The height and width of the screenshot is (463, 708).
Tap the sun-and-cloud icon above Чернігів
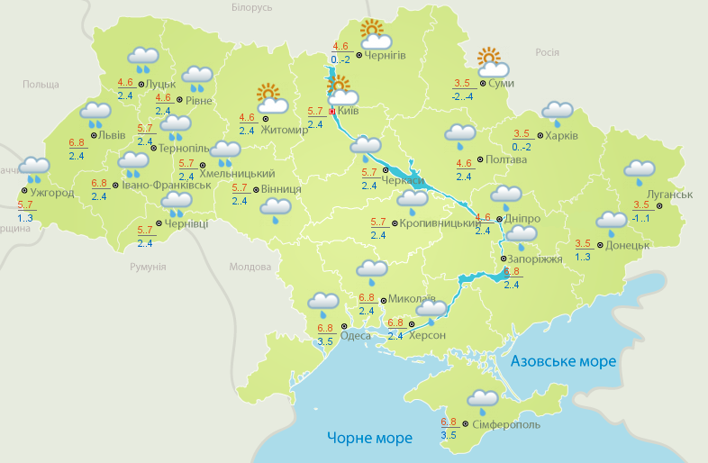[375, 35]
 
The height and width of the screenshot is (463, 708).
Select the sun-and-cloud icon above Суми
[493, 62]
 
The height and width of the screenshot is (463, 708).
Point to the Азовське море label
[563, 361]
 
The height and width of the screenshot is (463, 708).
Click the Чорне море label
[370, 439]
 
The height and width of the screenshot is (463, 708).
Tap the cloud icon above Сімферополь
[483, 400]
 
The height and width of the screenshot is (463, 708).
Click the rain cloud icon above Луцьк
[144, 60]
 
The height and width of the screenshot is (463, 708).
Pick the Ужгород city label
[50, 192]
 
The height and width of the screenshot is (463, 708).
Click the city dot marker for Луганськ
[658, 206]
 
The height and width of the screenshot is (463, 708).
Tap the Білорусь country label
[251, 8]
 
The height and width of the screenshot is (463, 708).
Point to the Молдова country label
[250, 268]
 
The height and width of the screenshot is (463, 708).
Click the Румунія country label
[148, 268]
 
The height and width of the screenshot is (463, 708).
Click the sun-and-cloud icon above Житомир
[270, 98]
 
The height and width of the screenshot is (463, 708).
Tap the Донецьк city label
[627, 244]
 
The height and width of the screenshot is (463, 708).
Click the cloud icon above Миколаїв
[371, 270]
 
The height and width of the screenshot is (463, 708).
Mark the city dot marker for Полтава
[480, 160]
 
